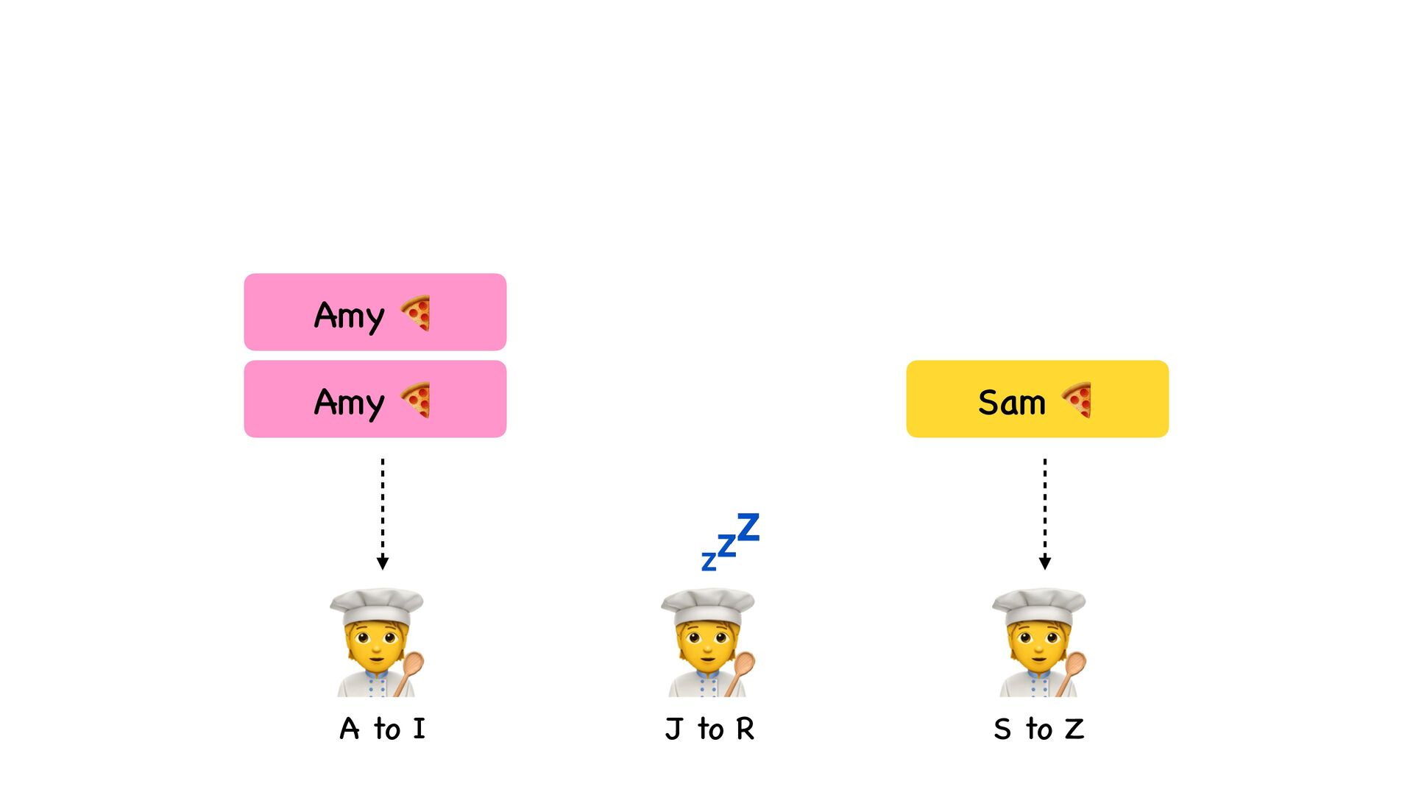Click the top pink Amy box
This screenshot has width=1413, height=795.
pyautogui.click(x=375, y=312)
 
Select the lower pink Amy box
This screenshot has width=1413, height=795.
pyautogui.click(x=375, y=399)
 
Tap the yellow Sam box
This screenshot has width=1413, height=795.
pyautogui.click(x=1037, y=399)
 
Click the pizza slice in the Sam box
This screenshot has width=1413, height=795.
pyautogui.click(x=1077, y=400)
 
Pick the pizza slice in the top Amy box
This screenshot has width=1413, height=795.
pyautogui.click(x=416, y=314)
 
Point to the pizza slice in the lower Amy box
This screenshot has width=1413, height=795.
pyautogui.click(x=416, y=400)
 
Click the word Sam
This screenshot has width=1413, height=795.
pyautogui.click(x=1011, y=403)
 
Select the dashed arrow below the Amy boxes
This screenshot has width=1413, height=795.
pyautogui.click(x=383, y=513)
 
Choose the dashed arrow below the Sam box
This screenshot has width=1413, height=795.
pyautogui.click(x=1045, y=513)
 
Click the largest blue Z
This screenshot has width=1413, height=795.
pyautogui.click(x=748, y=527)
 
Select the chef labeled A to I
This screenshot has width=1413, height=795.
pyautogui.click(x=377, y=642)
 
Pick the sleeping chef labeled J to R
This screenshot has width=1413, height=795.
pyautogui.click(x=708, y=642)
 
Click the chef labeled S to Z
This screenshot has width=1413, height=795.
pyautogui.click(x=1039, y=642)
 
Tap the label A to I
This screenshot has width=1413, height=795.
pyautogui.click(x=382, y=729)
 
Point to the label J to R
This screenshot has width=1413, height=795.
pyautogui.click(x=709, y=729)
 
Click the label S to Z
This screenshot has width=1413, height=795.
pyautogui.click(x=1038, y=729)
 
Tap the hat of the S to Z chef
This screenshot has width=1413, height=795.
pyautogui.click(x=1038, y=605)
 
